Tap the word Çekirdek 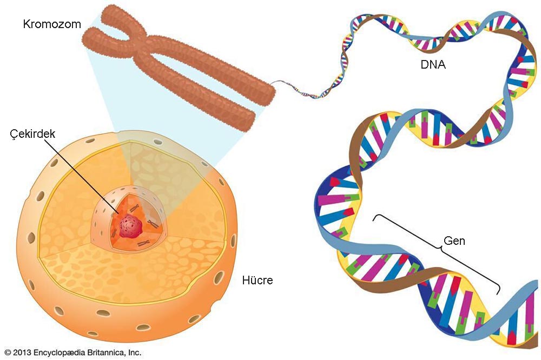coord(33,135)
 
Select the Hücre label coord(258,281)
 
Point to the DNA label coord(434,65)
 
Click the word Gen coord(454,241)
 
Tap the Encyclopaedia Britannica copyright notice coord(72,352)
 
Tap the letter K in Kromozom coord(26,24)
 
